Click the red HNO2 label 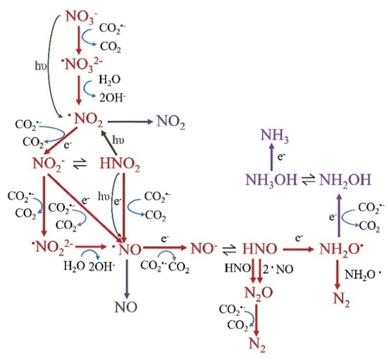click(x=120, y=167)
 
